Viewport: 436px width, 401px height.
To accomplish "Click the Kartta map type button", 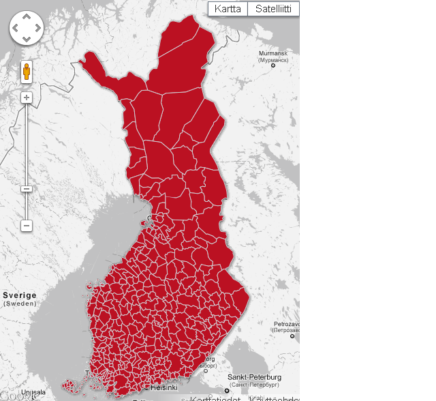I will (x=228, y=9).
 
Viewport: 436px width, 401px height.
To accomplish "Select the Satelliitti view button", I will (x=273, y=9).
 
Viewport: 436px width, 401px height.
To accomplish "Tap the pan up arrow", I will (x=26, y=16).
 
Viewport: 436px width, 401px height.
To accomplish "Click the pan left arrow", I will (x=15, y=28).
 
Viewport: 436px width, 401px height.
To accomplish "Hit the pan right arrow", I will (x=37, y=28).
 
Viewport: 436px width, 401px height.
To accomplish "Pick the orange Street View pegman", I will (x=27, y=71).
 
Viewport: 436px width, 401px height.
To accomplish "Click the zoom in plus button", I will (x=27, y=98).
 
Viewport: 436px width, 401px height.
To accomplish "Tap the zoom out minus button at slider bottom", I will (x=27, y=225).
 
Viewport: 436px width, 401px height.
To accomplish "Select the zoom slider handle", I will (x=27, y=188).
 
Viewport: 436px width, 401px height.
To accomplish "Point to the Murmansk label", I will (x=272, y=53).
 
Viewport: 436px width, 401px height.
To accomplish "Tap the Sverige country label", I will (x=19, y=295).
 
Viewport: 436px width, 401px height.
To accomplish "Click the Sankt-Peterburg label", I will (x=255, y=376).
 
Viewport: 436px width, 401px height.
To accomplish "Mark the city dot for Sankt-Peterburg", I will (x=228, y=391).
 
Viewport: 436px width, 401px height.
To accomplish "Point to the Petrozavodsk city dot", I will (x=292, y=336).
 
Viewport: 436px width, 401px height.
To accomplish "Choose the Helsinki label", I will (x=164, y=387).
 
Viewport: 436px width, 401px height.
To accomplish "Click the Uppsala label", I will (x=33, y=392).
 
